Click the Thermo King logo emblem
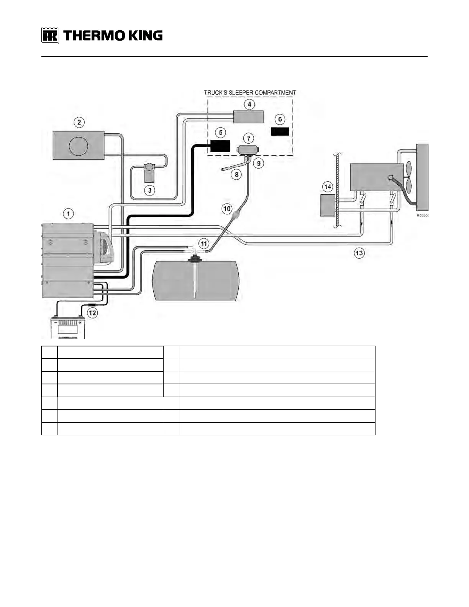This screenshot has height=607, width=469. coord(50,36)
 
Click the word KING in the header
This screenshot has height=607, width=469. coord(145,36)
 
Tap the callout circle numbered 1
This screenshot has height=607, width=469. coord(68,213)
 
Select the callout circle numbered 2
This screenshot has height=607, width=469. coord(79,122)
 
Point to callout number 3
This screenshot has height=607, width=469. coord(149,190)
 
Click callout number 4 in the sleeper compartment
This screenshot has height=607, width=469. coord(249,104)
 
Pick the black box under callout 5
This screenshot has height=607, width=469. coord(220,146)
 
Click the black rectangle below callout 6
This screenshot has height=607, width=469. coord(280,131)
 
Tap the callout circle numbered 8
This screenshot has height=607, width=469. coord(236,175)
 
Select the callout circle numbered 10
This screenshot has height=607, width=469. coord(227,209)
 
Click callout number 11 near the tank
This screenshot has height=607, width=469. coord(203,243)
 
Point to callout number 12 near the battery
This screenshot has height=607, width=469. coord(92,313)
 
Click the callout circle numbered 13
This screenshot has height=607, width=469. coord(359,253)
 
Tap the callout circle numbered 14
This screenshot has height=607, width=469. coord(328,187)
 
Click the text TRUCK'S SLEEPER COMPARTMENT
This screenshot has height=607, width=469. coord(250,93)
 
